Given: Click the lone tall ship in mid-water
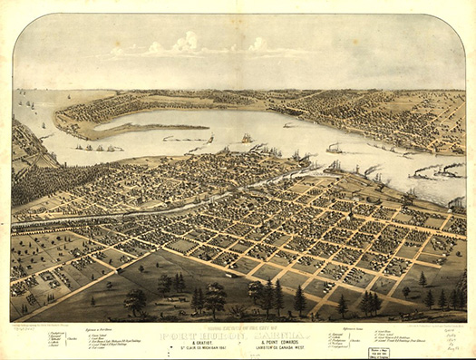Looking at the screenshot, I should [247, 138].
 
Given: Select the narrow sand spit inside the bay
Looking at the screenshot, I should [145, 128].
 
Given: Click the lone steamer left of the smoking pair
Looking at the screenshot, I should [333, 148].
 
